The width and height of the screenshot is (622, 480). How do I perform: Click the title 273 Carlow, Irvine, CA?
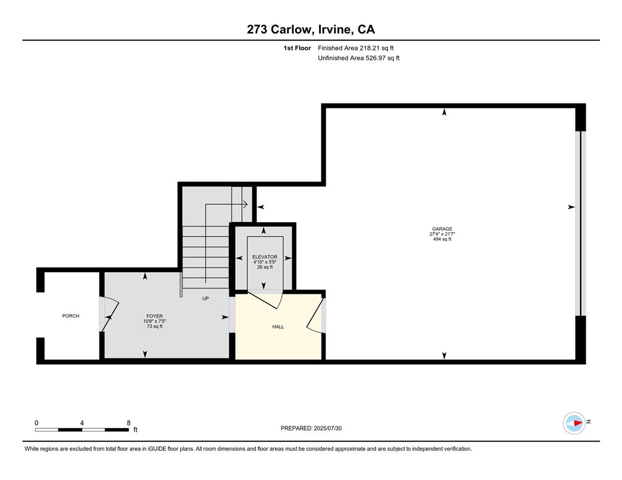310,29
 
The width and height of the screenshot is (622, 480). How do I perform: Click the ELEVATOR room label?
264,257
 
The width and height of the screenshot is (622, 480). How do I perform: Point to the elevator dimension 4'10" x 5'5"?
264,262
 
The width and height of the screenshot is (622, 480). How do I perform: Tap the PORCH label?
70,316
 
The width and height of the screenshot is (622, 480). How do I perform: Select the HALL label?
278,326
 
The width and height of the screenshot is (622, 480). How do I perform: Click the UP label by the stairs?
205,298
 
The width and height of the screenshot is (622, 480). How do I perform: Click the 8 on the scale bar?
128,423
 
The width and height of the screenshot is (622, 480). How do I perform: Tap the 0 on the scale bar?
36,423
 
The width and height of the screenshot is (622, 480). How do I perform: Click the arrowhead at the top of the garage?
444,112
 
